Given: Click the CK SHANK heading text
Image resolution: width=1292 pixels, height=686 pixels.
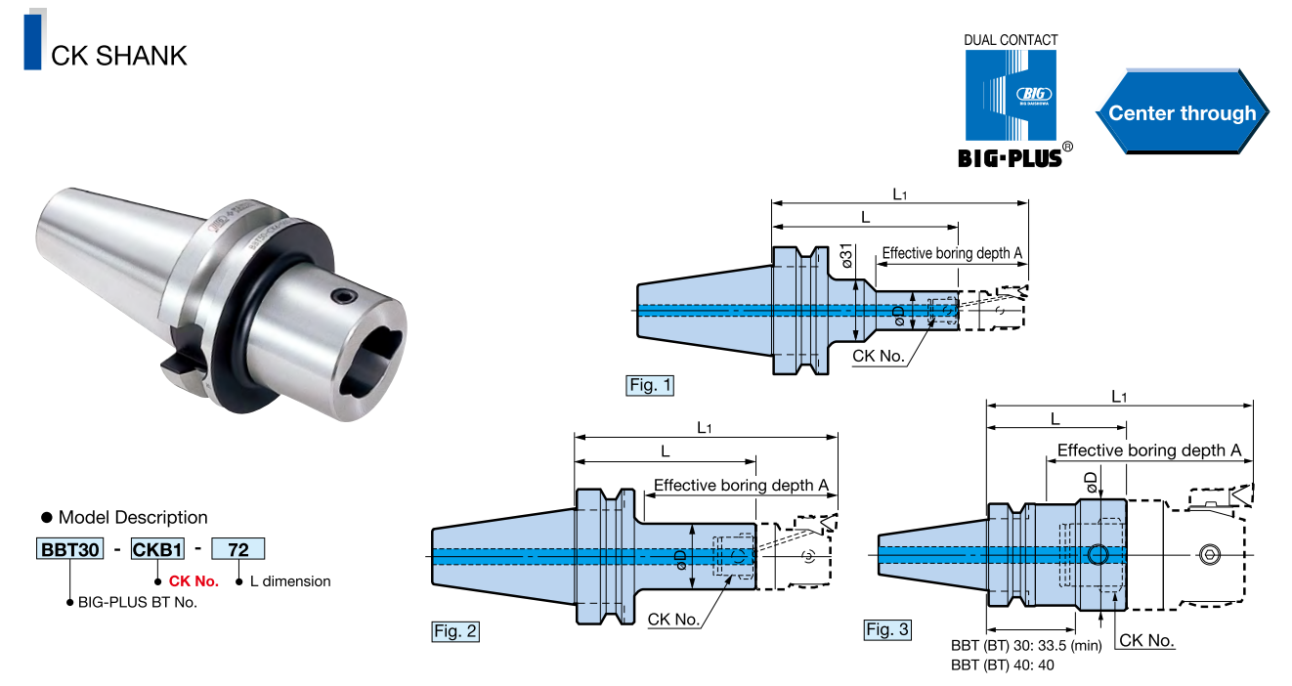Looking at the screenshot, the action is [x=119, y=56].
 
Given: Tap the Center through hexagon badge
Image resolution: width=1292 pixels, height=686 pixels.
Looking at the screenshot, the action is [x=1182, y=112].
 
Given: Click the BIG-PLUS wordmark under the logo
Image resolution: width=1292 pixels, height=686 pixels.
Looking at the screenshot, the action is [x=1010, y=158].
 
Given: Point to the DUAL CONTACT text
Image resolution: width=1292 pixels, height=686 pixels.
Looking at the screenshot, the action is [x=1011, y=40].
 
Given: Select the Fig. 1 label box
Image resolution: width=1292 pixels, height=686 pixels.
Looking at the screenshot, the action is [x=650, y=385].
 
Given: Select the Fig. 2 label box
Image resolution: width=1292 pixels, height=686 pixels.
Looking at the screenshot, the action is [x=455, y=631].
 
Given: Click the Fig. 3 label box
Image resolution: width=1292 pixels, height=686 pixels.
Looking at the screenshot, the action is [x=887, y=629].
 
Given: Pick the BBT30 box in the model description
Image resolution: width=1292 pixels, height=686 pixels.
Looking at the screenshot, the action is [x=69, y=548].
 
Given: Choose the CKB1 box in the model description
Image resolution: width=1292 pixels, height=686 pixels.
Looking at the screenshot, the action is [x=157, y=548].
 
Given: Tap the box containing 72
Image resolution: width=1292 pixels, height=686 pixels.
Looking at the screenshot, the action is [x=238, y=548].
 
